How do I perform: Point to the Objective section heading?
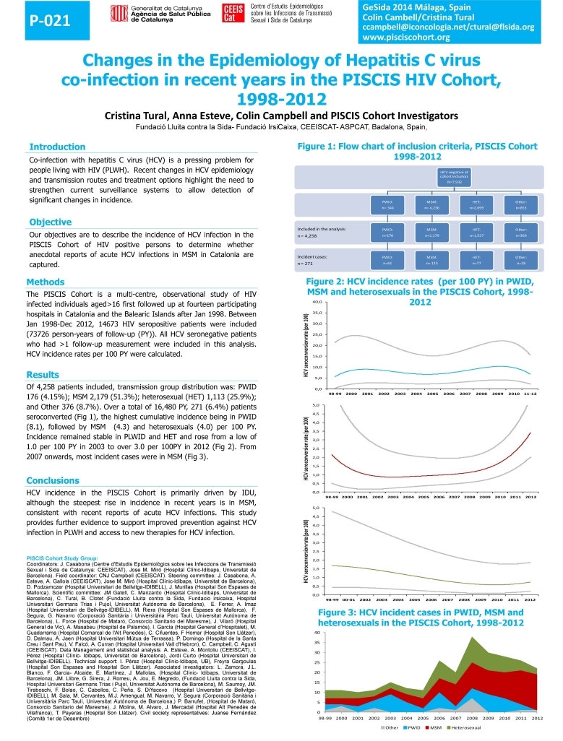(x=50, y=222)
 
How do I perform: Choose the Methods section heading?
(x=46, y=282)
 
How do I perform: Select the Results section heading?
(x=44, y=374)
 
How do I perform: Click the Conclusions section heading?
(x=53, y=480)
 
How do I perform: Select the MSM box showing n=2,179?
(x=431, y=232)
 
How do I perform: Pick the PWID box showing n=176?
(x=387, y=232)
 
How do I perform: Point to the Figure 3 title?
(x=421, y=617)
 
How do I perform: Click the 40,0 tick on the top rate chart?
(x=317, y=301)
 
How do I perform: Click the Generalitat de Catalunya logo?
(x=151, y=15)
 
